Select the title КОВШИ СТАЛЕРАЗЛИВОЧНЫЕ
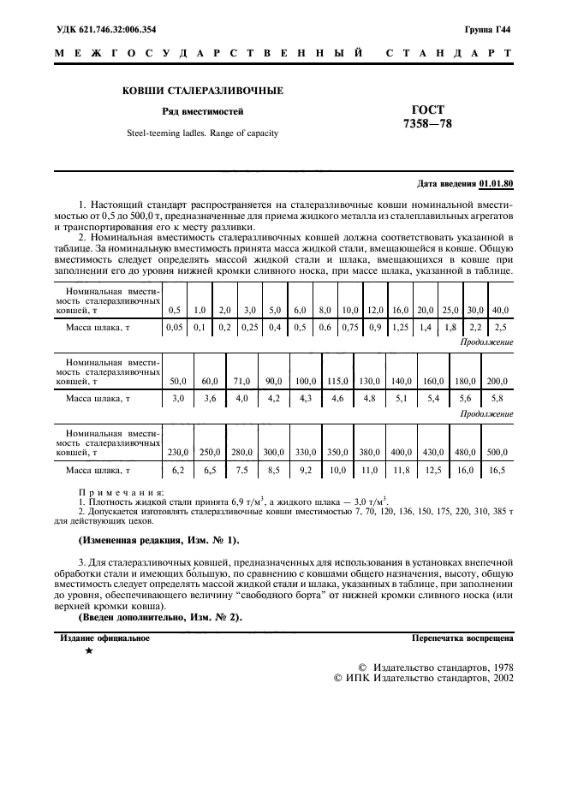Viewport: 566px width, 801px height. point(203,91)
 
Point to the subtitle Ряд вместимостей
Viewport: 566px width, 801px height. point(203,111)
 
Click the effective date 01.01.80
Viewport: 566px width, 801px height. point(496,184)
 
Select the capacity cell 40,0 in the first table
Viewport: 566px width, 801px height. point(501,309)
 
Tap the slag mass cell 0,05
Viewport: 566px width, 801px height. point(175,327)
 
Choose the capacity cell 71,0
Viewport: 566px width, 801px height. point(242,381)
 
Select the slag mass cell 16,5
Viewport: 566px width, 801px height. point(497,470)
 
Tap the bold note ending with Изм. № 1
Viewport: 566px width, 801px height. point(159,541)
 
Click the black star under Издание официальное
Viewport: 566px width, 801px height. point(89,652)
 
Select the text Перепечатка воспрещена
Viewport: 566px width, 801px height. point(462,638)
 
